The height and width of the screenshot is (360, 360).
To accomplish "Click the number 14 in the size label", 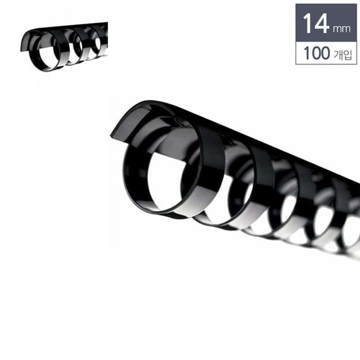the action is (316, 23).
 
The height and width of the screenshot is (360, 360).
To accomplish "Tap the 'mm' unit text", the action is (341, 29).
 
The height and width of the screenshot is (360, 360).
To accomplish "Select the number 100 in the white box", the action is (317, 53).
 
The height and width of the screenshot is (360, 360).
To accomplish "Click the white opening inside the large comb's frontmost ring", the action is (165, 181).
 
